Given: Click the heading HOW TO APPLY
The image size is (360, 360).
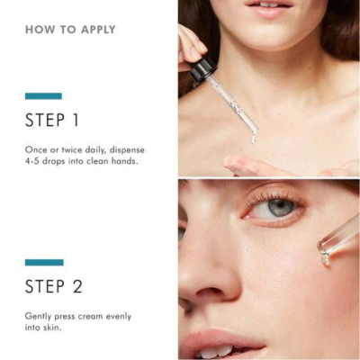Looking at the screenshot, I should pyautogui.click(x=70, y=30).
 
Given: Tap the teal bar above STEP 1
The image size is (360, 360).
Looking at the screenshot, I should pyautogui.click(x=43, y=95).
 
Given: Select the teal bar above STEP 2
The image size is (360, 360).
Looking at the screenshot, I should pyautogui.click(x=44, y=262).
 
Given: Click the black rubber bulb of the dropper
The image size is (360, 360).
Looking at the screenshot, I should pyautogui.click(x=195, y=66).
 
